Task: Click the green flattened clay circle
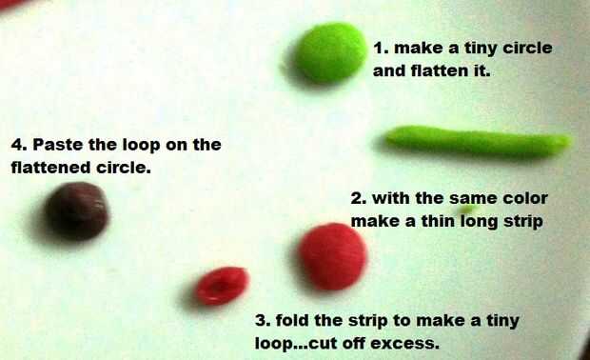pyautogui.click(x=330, y=52)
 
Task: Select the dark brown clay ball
pyautogui.click(x=77, y=210)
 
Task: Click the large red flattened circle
pyautogui.click(x=333, y=257)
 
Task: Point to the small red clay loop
pyautogui.click(x=223, y=286)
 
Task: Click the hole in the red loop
pyautogui.click(x=221, y=287)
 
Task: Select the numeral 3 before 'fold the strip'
pyautogui.click(x=261, y=321)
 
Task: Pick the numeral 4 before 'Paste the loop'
pyautogui.click(x=17, y=145)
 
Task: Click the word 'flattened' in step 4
pyautogui.click(x=51, y=168)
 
